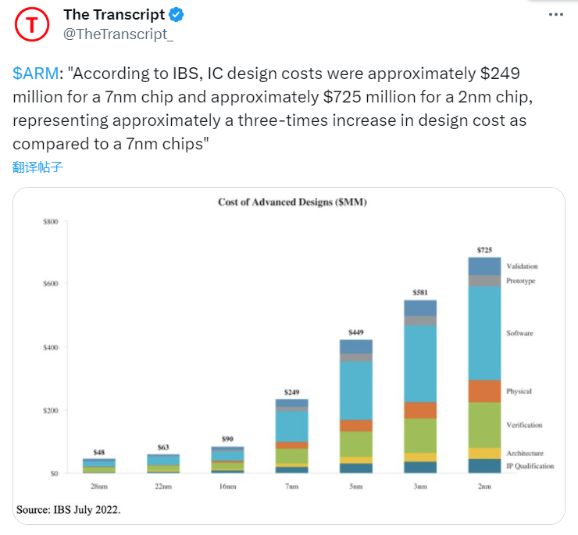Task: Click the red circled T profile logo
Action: (x=32, y=24)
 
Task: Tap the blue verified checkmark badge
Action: (x=177, y=15)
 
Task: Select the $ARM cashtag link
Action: (x=35, y=74)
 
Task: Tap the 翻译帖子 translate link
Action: (x=37, y=167)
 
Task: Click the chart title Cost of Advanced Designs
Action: (x=292, y=203)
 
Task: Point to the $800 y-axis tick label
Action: (x=49, y=222)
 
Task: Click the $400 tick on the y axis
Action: (x=49, y=347)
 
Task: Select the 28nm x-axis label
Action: (x=98, y=487)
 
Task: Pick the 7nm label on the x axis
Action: (x=291, y=487)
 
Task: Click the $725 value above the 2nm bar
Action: (x=484, y=250)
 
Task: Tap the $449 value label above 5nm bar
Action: (x=356, y=332)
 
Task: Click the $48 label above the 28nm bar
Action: (x=99, y=452)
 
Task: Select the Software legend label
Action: (x=519, y=333)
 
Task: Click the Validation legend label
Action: (x=522, y=267)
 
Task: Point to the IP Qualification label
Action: (x=530, y=466)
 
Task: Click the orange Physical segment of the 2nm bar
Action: (x=484, y=391)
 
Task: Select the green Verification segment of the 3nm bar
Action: (x=420, y=435)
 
